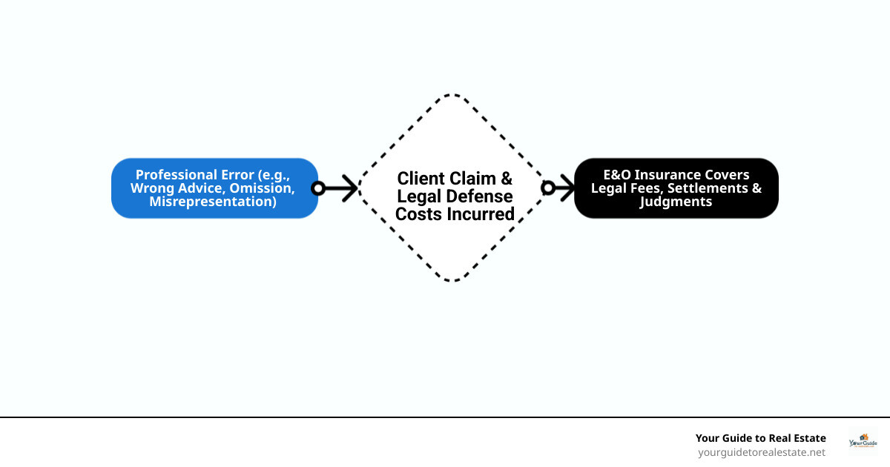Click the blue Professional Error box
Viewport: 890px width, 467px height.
click(214, 188)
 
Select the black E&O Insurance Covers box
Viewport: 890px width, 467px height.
click(676, 188)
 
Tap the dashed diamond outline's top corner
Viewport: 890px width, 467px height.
click(452, 95)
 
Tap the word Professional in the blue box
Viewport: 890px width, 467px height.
click(177, 175)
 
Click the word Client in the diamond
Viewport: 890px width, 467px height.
click(421, 179)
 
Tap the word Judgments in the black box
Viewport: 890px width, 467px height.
click(676, 201)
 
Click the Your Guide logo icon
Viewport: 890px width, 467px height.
click(863, 440)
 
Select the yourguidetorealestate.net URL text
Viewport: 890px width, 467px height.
click(761, 451)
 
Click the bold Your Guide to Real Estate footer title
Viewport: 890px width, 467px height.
click(760, 438)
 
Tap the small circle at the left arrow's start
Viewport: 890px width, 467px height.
click(318, 188)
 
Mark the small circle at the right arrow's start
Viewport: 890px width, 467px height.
click(548, 188)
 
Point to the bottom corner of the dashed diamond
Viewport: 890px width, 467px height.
click(452, 280)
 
